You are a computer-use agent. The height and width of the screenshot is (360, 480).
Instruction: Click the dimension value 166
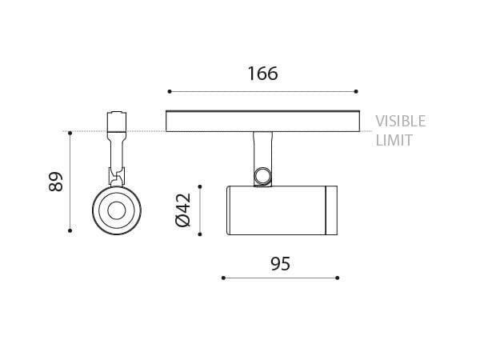coord(262,74)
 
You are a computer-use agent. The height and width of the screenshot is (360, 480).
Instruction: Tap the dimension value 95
coord(279,263)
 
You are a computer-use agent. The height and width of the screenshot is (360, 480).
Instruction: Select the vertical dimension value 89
coord(55,182)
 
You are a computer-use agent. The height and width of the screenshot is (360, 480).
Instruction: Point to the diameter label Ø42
coord(182,210)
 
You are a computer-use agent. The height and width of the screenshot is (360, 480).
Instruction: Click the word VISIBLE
coord(401,122)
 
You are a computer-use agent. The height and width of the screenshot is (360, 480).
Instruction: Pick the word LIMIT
coord(394,141)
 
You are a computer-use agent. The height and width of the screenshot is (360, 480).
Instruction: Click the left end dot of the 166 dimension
coord(169,91)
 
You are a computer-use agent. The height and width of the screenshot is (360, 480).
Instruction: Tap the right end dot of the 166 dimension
coord(357,91)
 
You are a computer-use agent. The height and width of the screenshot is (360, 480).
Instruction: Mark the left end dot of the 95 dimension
coord(222,278)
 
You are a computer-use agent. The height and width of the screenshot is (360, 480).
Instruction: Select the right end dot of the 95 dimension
coord(337,278)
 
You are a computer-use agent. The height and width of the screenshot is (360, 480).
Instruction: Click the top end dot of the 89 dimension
coord(70,132)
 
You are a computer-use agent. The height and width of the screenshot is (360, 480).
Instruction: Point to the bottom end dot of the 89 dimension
coord(70,231)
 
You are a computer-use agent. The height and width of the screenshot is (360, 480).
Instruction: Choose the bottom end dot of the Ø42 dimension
coord(200,234)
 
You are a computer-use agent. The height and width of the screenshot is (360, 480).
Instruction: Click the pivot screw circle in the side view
coord(262,176)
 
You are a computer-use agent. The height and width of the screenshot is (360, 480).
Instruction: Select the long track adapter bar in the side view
coord(262,121)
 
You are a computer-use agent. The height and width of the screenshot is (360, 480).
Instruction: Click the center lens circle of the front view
coord(115,211)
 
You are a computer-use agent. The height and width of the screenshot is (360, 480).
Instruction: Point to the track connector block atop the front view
coord(116,122)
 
